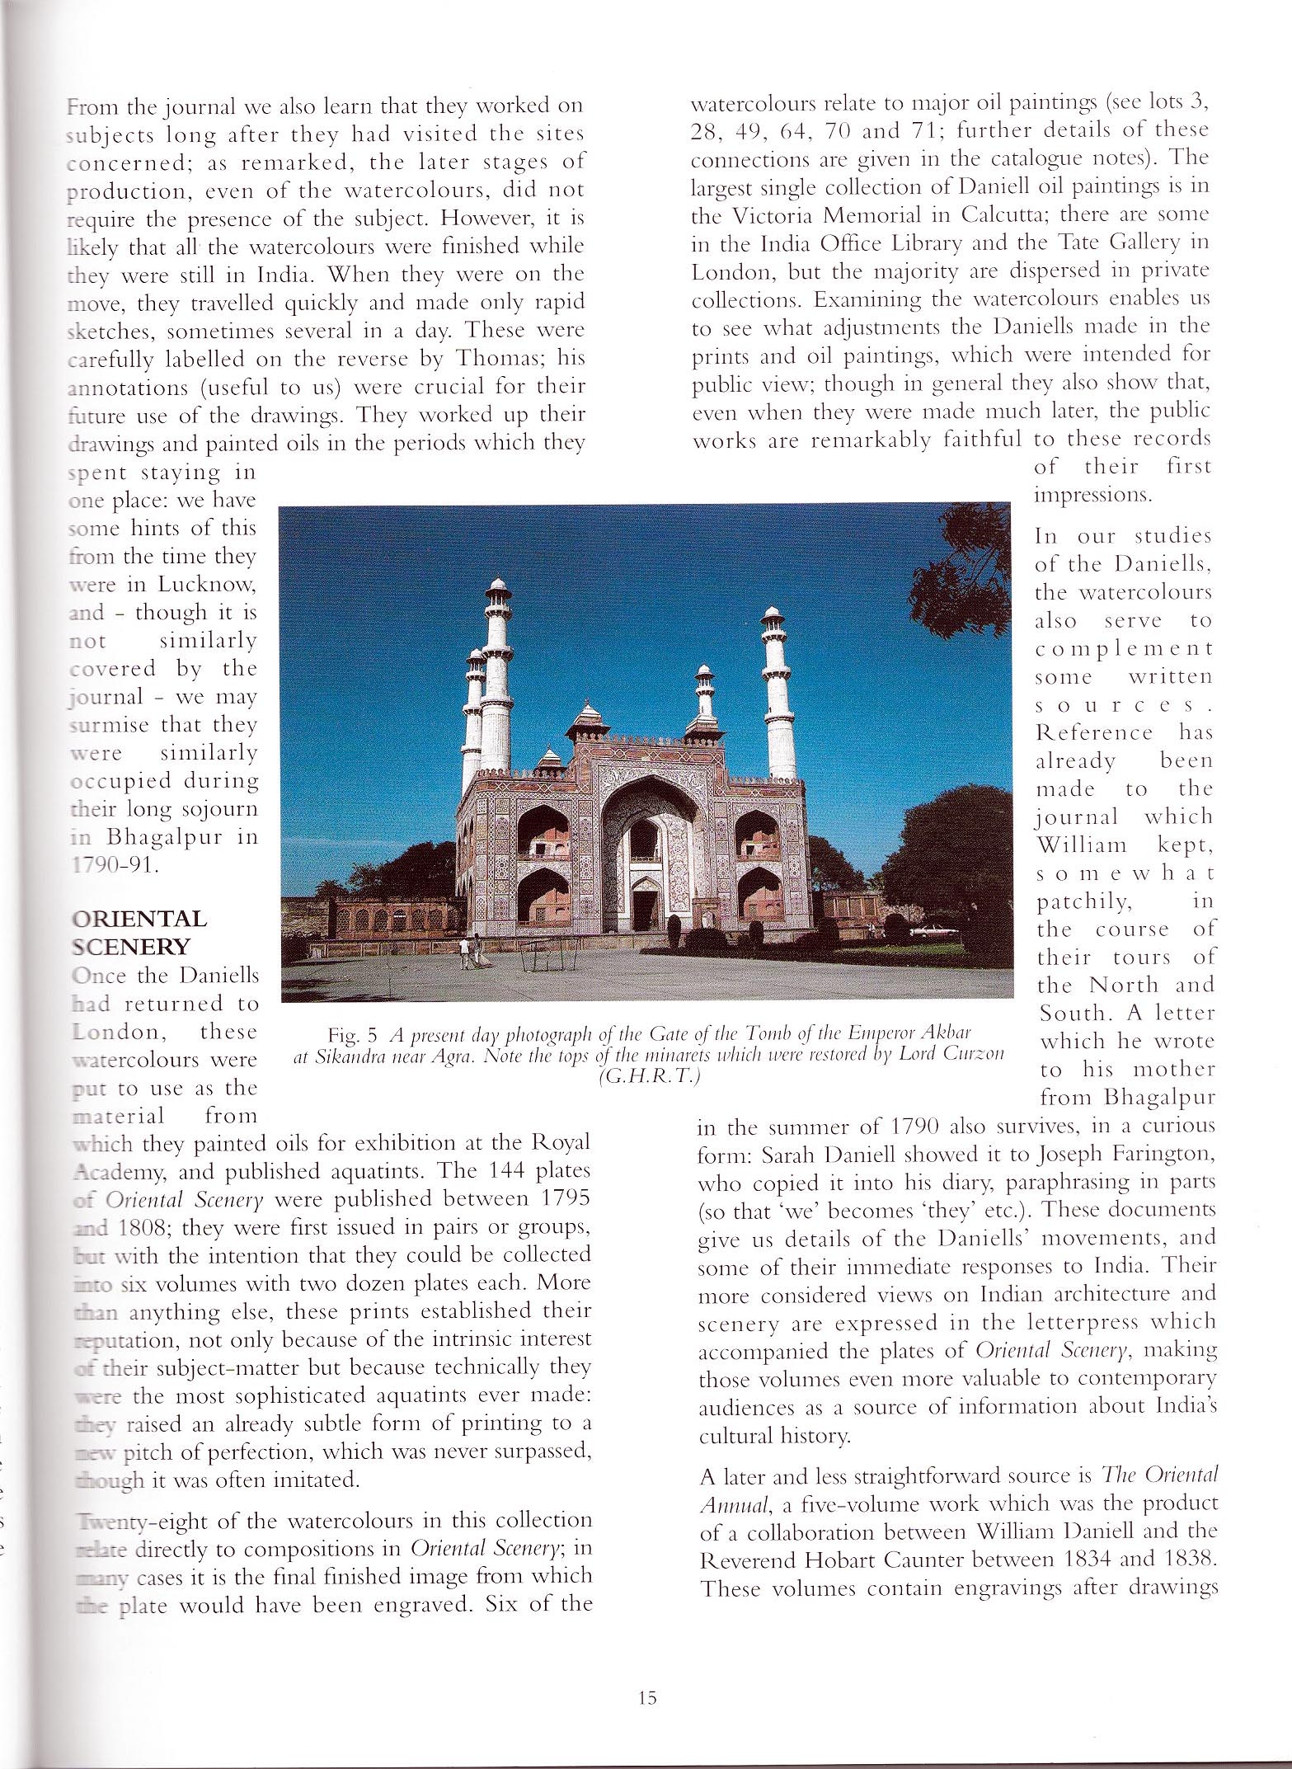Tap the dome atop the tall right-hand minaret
(771, 614)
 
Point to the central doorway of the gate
(642, 903)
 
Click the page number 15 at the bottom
(646, 1697)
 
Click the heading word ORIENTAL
(139, 920)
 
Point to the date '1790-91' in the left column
(112, 866)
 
